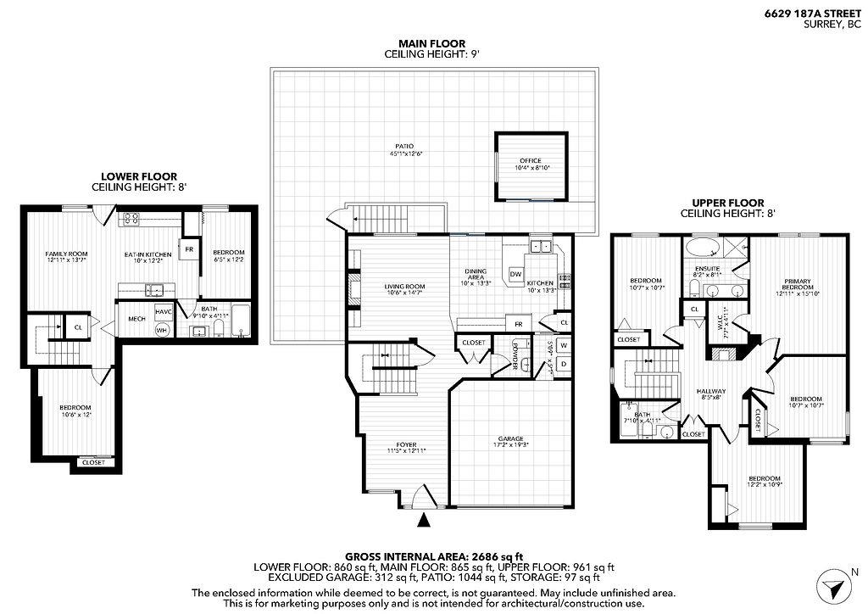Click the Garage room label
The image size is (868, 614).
tap(509, 439)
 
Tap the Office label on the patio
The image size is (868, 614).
tap(530, 161)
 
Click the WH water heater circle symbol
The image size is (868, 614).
tap(162, 329)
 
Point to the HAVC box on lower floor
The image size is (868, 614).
tap(164, 312)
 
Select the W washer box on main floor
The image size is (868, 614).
tap(563, 345)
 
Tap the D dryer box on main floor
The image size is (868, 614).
tap(563, 365)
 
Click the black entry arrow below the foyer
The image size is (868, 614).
tap(425, 519)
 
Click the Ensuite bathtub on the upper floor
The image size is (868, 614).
tap(702, 248)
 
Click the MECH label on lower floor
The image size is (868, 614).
tap(136, 319)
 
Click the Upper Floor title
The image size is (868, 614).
tap(728, 203)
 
